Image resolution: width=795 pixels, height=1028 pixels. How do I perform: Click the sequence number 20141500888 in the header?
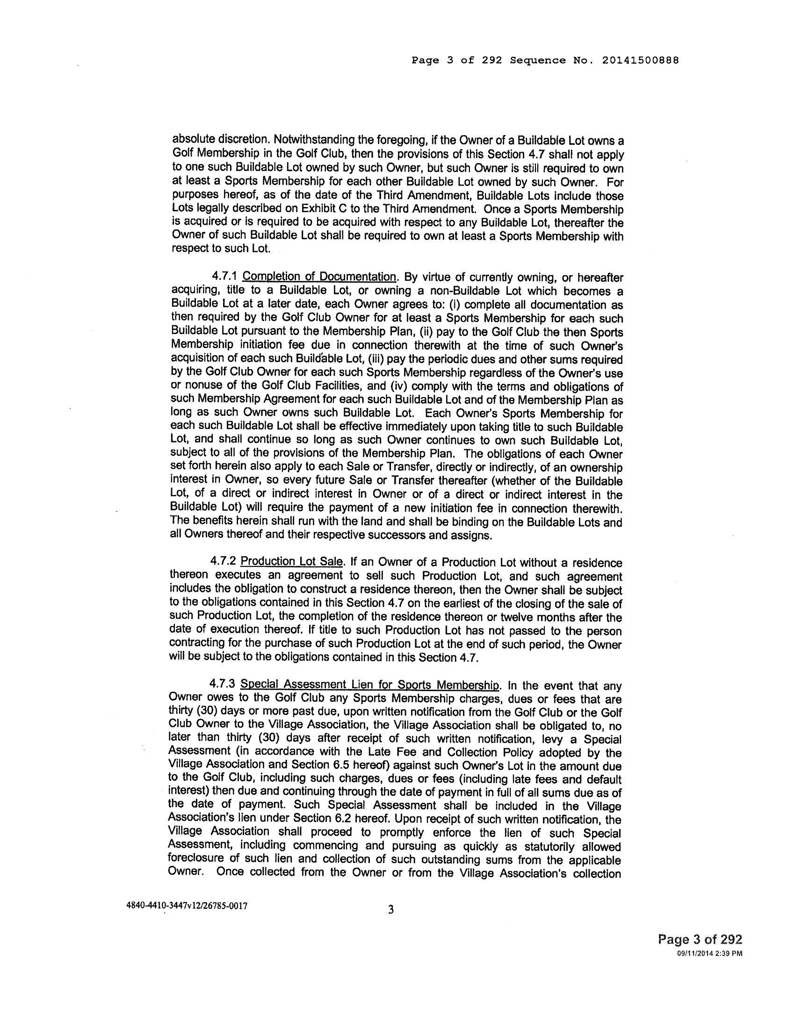[640, 60]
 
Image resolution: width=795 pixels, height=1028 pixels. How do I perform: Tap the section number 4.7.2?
[223, 563]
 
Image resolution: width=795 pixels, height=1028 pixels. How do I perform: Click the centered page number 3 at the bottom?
[390, 909]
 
